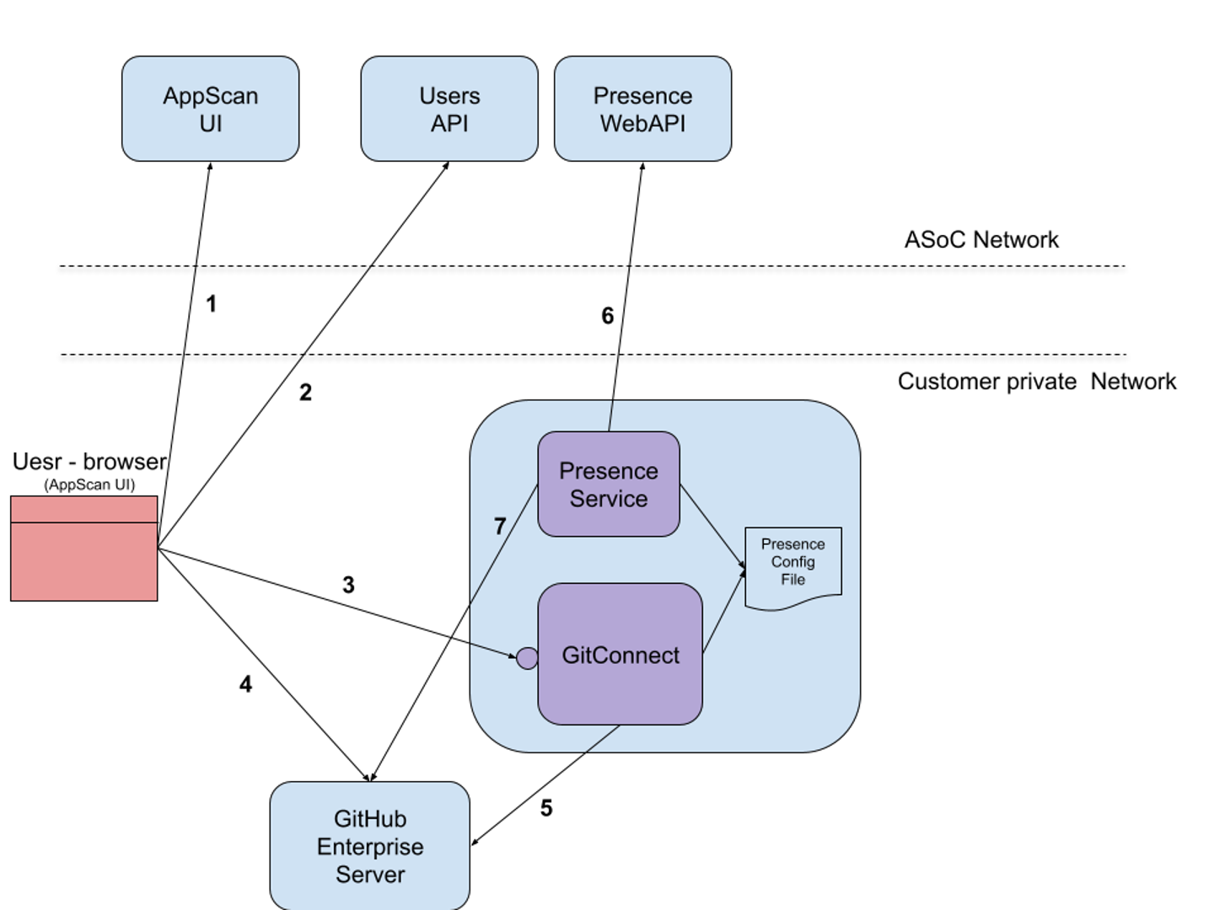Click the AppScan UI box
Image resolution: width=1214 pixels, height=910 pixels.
point(210,109)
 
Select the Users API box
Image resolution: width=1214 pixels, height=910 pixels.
point(449,109)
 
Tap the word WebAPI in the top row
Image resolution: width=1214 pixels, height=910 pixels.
point(642,124)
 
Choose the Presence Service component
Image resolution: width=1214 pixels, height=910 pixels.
point(609,484)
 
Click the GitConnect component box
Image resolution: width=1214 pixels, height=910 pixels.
point(620,655)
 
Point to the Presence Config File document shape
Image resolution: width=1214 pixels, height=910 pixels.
point(793,565)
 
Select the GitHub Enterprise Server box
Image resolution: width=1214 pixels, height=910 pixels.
point(370,846)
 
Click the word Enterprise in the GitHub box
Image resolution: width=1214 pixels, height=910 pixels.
point(370,847)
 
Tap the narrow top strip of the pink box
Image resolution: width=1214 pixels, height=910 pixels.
point(84,509)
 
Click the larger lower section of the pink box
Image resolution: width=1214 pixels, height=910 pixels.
point(84,562)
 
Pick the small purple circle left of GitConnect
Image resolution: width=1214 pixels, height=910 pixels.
point(527,658)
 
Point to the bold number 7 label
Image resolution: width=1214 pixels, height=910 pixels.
point(500,527)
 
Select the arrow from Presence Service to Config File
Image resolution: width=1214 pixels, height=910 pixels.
point(712,524)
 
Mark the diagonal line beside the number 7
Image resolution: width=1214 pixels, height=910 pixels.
point(504,544)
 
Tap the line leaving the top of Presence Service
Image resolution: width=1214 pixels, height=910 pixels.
point(610,416)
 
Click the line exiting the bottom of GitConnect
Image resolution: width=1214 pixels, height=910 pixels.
point(603,738)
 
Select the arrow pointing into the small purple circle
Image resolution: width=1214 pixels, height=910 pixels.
point(493,650)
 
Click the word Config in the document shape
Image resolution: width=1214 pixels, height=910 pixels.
point(793,562)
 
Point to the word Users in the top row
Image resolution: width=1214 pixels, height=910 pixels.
point(449,96)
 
